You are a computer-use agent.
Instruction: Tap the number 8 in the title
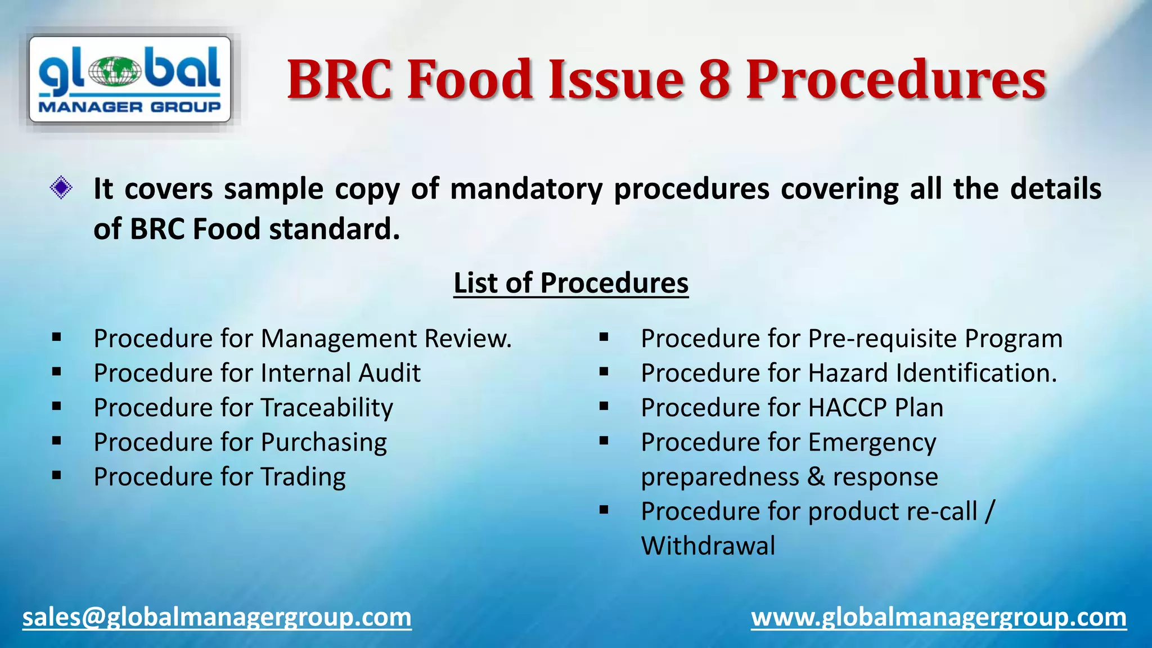[714, 80]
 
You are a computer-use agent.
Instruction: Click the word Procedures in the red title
[896, 80]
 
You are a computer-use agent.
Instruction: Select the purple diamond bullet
[61, 188]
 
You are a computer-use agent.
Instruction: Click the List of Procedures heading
[571, 282]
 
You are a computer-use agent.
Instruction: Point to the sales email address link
[217, 618]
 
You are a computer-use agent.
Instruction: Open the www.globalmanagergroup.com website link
[939, 618]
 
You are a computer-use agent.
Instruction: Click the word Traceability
[327, 408]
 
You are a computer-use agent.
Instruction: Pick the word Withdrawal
[708, 546]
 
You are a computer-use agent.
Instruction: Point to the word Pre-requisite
[883, 339]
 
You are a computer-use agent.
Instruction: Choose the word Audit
[390, 373]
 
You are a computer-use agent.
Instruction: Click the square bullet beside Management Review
[56, 337]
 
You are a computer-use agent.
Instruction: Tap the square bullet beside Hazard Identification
[604, 372]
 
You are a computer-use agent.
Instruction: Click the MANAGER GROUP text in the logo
[129, 107]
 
